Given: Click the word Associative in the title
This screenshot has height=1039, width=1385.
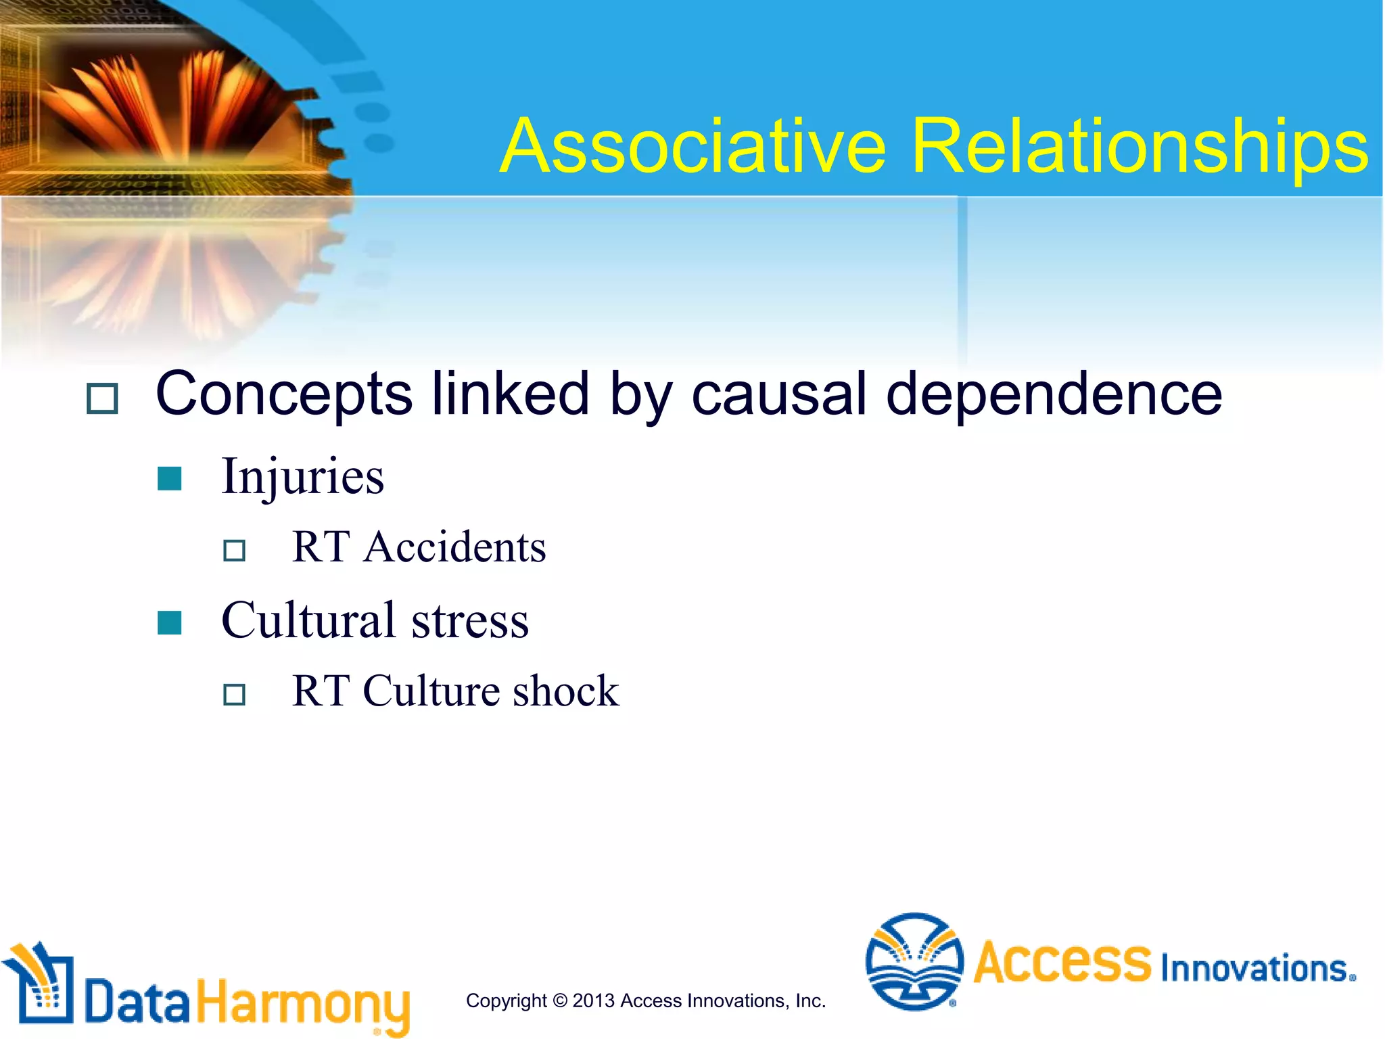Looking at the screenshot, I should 692,146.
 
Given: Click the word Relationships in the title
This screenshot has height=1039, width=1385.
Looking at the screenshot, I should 1140,147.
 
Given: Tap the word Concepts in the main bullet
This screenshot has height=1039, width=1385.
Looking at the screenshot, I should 284,395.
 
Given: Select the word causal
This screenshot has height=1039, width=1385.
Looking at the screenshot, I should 778,394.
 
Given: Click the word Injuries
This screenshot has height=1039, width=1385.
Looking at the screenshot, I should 302,477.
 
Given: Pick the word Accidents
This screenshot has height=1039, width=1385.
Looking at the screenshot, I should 454,547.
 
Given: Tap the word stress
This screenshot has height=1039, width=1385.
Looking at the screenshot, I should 470,622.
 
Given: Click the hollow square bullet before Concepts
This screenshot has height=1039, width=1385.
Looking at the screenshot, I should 102,398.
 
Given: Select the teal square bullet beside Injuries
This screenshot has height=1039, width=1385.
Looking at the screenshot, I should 169,479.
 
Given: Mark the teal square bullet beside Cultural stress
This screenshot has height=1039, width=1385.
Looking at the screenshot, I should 169,623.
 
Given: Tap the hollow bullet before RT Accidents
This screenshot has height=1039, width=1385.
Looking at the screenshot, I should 234,550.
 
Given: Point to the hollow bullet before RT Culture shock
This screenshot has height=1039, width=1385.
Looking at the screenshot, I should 234,694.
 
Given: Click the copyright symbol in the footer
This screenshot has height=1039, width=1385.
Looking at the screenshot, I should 559,1001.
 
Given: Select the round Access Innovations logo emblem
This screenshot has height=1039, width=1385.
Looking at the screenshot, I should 914,961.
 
